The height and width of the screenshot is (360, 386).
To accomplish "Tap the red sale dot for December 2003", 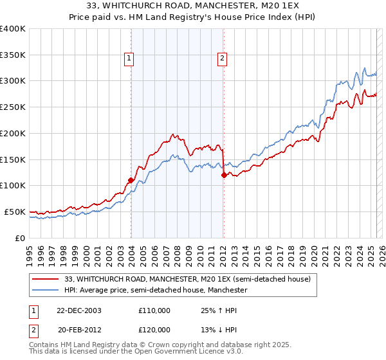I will point(131,180).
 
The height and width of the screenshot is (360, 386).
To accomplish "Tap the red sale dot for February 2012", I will point(223,175).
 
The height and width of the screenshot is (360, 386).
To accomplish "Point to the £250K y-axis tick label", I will point(13,107).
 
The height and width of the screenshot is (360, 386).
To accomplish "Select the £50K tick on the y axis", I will point(15,212).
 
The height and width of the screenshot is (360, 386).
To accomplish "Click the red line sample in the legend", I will point(46,279).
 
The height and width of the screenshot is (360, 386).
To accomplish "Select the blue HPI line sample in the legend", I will point(46,291).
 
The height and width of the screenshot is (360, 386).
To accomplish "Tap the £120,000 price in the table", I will point(154,329).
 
